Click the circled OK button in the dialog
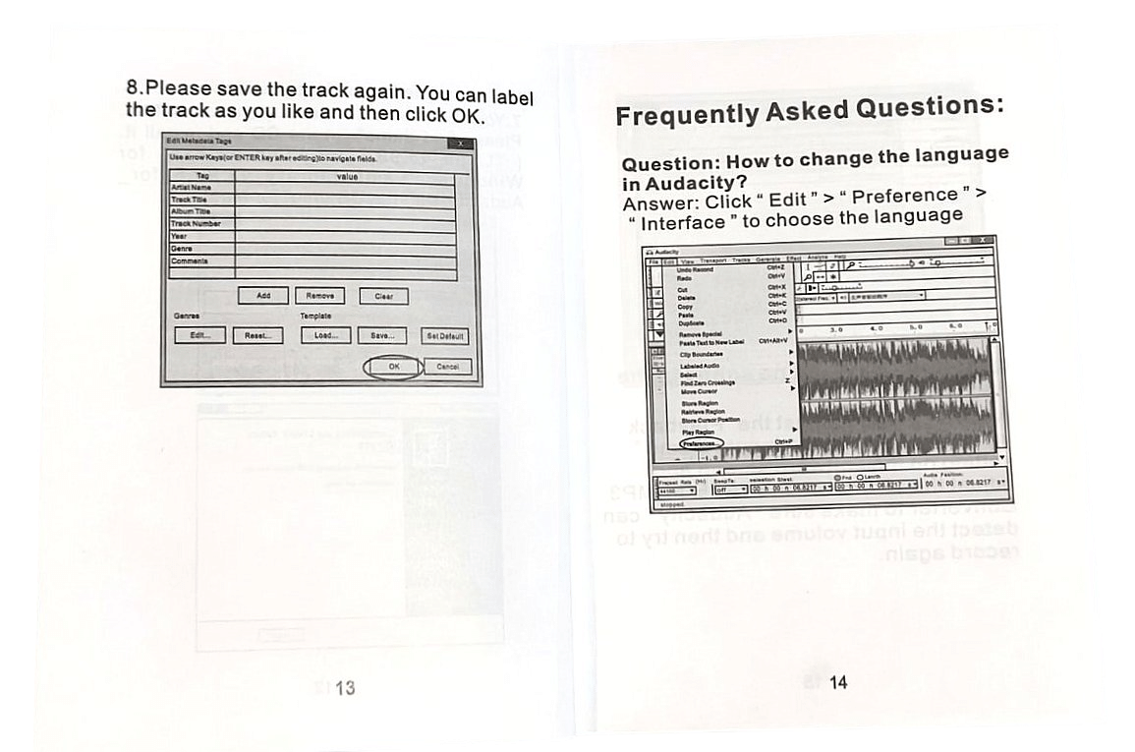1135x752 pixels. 394,366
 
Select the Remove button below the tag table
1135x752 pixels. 319,296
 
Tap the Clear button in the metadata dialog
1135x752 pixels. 383,297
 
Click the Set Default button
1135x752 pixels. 445,336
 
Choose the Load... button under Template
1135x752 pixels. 325,335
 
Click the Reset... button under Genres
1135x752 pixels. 257,335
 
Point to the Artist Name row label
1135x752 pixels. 192,187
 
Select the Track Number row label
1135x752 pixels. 196,224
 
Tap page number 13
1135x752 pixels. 345,688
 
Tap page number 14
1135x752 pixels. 837,682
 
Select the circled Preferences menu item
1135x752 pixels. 700,443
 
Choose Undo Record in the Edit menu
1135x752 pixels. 696,269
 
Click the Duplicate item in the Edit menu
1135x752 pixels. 692,322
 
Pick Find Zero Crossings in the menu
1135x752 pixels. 708,382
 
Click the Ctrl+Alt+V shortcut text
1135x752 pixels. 772,340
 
